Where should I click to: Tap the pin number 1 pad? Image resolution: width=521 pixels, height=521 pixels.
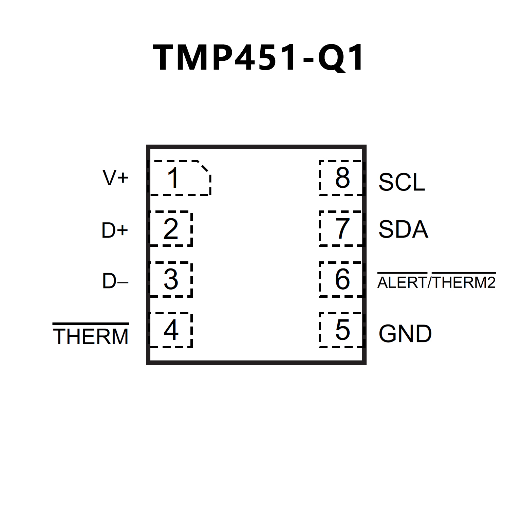[180, 178]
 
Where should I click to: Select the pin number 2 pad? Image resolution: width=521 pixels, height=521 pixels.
[171, 229]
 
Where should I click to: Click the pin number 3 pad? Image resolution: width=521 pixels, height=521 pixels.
[171, 279]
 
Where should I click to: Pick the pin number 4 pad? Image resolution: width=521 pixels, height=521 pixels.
[171, 330]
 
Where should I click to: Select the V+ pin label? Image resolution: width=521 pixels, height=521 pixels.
[115, 178]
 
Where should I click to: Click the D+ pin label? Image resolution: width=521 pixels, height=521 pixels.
[115, 230]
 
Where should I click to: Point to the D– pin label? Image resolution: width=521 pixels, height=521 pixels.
[115, 281]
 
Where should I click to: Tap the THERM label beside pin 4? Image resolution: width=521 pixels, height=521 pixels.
[91, 336]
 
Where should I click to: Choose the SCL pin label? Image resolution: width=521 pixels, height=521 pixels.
[402, 182]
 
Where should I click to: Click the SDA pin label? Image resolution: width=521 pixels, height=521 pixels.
[403, 229]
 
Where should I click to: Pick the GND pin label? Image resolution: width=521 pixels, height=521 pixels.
[405, 334]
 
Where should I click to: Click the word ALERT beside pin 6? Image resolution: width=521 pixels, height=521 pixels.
[402, 283]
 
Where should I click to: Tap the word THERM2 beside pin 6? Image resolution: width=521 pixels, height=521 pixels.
[464, 283]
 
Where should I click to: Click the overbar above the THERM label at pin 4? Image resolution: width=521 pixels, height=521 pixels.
[91, 324]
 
